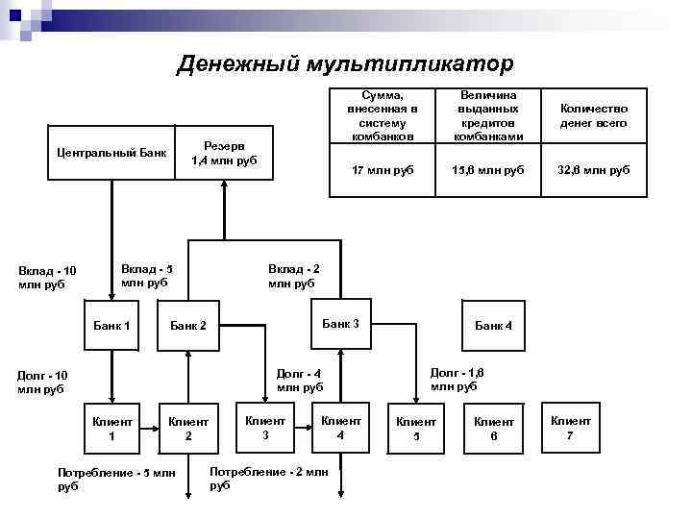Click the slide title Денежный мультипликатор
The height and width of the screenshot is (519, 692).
click(346, 63)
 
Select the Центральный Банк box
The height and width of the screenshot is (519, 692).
click(111, 152)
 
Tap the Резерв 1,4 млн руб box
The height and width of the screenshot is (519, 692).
click(224, 152)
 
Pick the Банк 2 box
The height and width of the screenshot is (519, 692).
click(188, 326)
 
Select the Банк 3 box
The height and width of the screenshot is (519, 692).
click(340, 324)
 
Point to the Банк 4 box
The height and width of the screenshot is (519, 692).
click(494, 326)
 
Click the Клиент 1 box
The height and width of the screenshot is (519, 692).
click(111, 429)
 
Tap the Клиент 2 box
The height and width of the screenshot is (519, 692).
click(188, 429)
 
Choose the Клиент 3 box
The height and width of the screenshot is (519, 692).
click(265, 428)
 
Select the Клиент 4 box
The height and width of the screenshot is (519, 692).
click(340, 428)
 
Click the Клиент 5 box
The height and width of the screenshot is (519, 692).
click(416, 429)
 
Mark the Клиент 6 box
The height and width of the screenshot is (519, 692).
click(494, 429)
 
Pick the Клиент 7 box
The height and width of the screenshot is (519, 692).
click(571, 428)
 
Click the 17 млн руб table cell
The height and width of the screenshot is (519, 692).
click(383, 170)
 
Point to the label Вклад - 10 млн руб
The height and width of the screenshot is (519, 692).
click(48, 278)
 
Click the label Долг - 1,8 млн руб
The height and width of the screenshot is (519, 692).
click(457, 379)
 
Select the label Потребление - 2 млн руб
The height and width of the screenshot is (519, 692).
click(269, 479)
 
